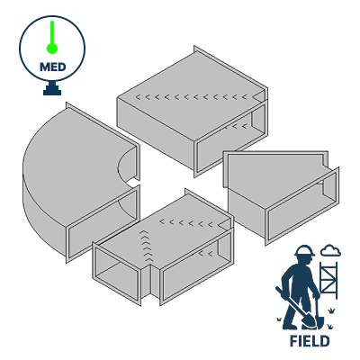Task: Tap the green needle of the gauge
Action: (x=52, y=35)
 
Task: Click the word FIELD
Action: (x=309, y=341)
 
